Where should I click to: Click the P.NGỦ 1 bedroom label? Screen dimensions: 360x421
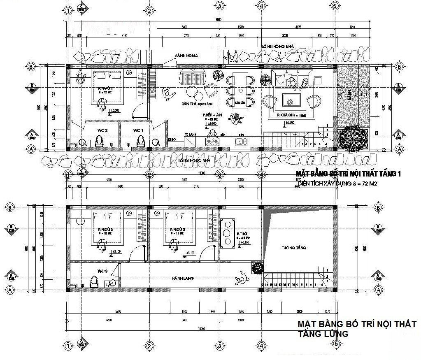(x=106, y=88)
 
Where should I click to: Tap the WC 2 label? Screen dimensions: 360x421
(x=102, y=130)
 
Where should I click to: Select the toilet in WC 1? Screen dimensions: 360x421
(x=141, y=142)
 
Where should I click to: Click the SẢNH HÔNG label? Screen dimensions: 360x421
(x=186, y=56)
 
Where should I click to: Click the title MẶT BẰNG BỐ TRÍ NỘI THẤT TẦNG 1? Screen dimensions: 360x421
(x=348, y=174)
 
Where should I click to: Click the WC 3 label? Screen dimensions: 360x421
(x=102, y=271)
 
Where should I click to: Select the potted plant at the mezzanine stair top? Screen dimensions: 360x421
(x=257, y=268)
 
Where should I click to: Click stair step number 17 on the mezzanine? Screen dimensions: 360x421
(x=262, y=284)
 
